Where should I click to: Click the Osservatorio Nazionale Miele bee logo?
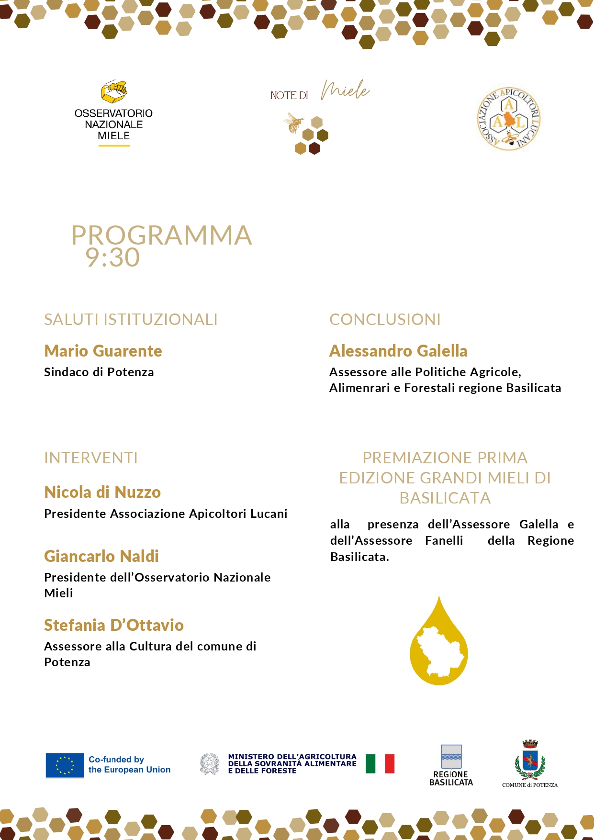coord(114,91)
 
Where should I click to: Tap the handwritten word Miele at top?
coord(345,90)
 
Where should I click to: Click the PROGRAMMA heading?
coord(161,235)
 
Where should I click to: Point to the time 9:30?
coord(112,258)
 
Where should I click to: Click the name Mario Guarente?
coord(103,351)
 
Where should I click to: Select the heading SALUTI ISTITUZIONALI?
coord(131,319)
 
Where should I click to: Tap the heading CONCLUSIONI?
coord(385,319)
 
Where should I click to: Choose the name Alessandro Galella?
coord(398,351)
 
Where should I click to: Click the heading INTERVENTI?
coord(91,458)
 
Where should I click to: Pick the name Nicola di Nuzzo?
coord(102,492)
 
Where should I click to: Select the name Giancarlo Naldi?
coord(101,556)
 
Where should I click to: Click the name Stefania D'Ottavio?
coord(114,625)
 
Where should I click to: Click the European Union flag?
coord(65,765)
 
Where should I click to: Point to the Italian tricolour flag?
coord(380,764)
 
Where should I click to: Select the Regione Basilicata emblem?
coord(451,757)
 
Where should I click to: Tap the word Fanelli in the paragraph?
coord(444,540)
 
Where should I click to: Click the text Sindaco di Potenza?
coord(99,372)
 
